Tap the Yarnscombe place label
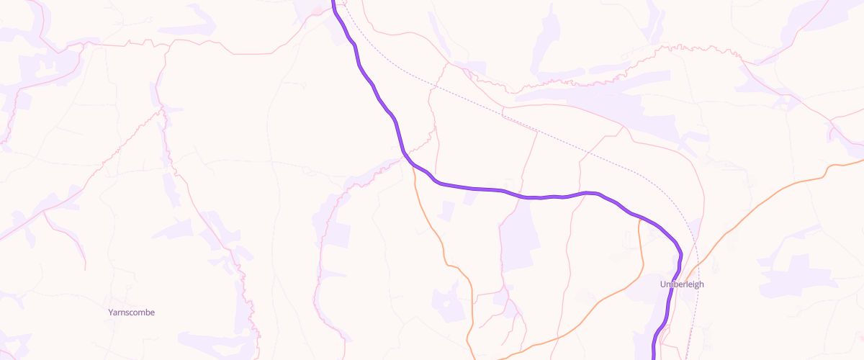tap(131, 312)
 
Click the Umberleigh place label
tap(682, 284)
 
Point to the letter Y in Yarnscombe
tap(110, 312)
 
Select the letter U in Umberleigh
tap(663, 284)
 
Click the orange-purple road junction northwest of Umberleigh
tap(639, 217)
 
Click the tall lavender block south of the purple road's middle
tap(518, 245)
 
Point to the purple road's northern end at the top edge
tap(333, 2)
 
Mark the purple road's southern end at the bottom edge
tap(654, 357)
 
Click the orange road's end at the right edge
tap(861, 160)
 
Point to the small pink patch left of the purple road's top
tap(317, 9)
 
